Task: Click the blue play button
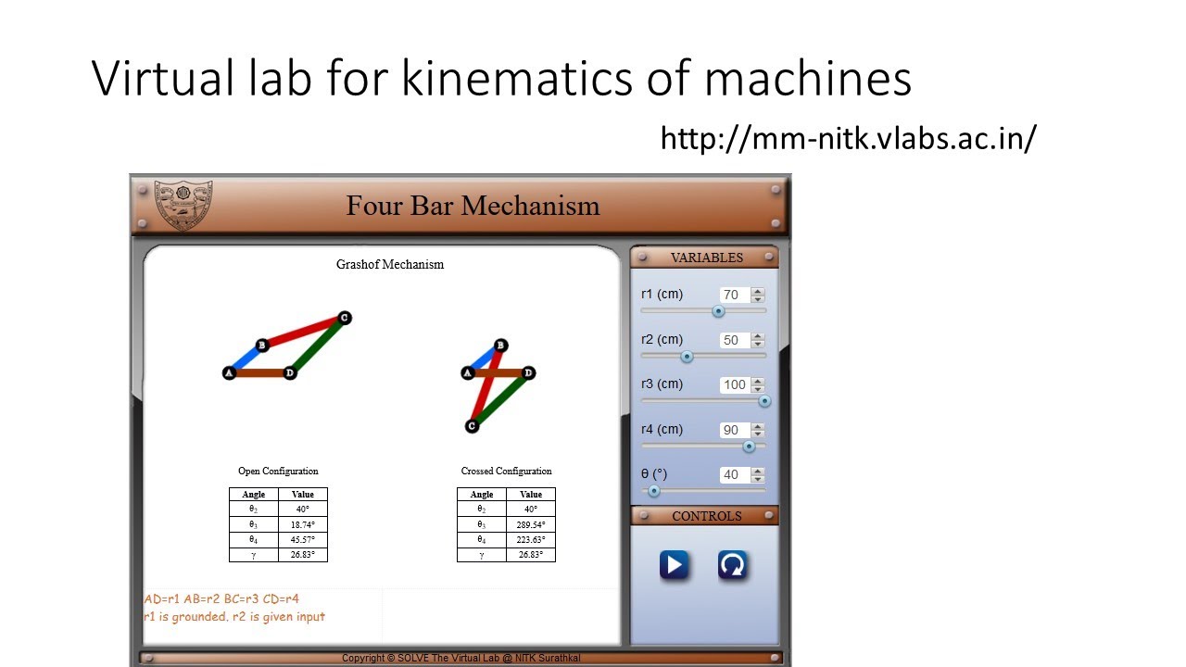[x=674, y=565]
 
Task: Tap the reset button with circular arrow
[x=732, y=565]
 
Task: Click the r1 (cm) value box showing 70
[x=732, y=295]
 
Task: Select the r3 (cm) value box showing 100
[x=734, y=384]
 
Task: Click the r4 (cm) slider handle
[x=749, y=446]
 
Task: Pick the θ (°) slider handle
[x=653, y=491]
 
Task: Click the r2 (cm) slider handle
[x=687, y=356]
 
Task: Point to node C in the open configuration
[x=345, y=318]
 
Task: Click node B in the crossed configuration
[x=500, y=346]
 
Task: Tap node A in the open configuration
[x=229, y=373]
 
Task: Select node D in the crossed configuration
[x=528, y=373]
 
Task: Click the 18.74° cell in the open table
[x=302, y=524]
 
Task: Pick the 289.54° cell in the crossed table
[x=531, y=524]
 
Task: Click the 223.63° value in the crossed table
[x=531, y=539]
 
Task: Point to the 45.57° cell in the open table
[x=302, y=539]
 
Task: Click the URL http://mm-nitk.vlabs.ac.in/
[x=848, y=139]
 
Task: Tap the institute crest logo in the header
[x=183, y=205]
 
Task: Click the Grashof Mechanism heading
[x=390, y=265]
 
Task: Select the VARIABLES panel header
[x=706, y=258]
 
